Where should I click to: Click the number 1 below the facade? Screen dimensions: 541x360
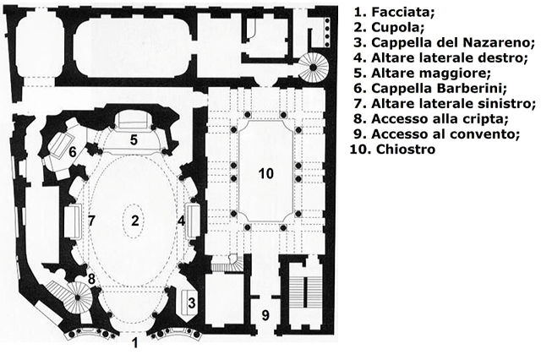pos(135,343)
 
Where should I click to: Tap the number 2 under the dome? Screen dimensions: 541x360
pos(134,221)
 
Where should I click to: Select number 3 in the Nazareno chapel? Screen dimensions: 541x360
pos(192,303)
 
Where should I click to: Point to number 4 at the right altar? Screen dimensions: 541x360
pos(181,221)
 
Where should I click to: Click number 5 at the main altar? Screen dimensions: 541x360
pos(134,139)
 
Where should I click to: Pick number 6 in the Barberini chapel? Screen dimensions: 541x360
pos(73,152)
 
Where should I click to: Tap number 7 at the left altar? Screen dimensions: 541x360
pos(91,221)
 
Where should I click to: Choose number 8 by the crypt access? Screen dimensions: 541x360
pos(91,279)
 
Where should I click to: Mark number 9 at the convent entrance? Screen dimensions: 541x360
pos(265,315)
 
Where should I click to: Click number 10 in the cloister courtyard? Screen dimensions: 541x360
pos(266,174)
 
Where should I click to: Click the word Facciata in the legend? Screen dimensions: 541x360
pos(402,12)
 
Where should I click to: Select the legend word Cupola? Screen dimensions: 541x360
pos(397,27)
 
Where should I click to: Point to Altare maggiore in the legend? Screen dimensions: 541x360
pos(430,74)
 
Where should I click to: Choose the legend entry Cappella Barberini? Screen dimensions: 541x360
pos(439,88)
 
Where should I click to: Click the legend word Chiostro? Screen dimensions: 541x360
pos(406,150)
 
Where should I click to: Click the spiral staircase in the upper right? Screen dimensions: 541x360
pos(313,68)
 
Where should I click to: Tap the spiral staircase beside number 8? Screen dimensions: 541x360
pos(78,297)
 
